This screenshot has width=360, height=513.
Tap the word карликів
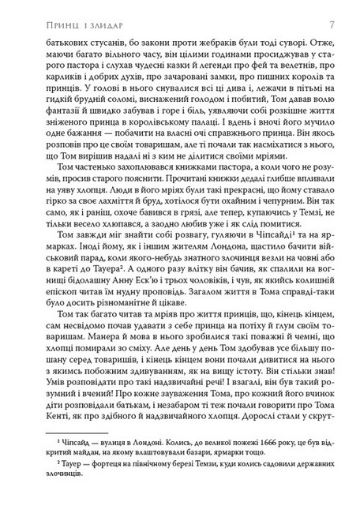tap(45, 83)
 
